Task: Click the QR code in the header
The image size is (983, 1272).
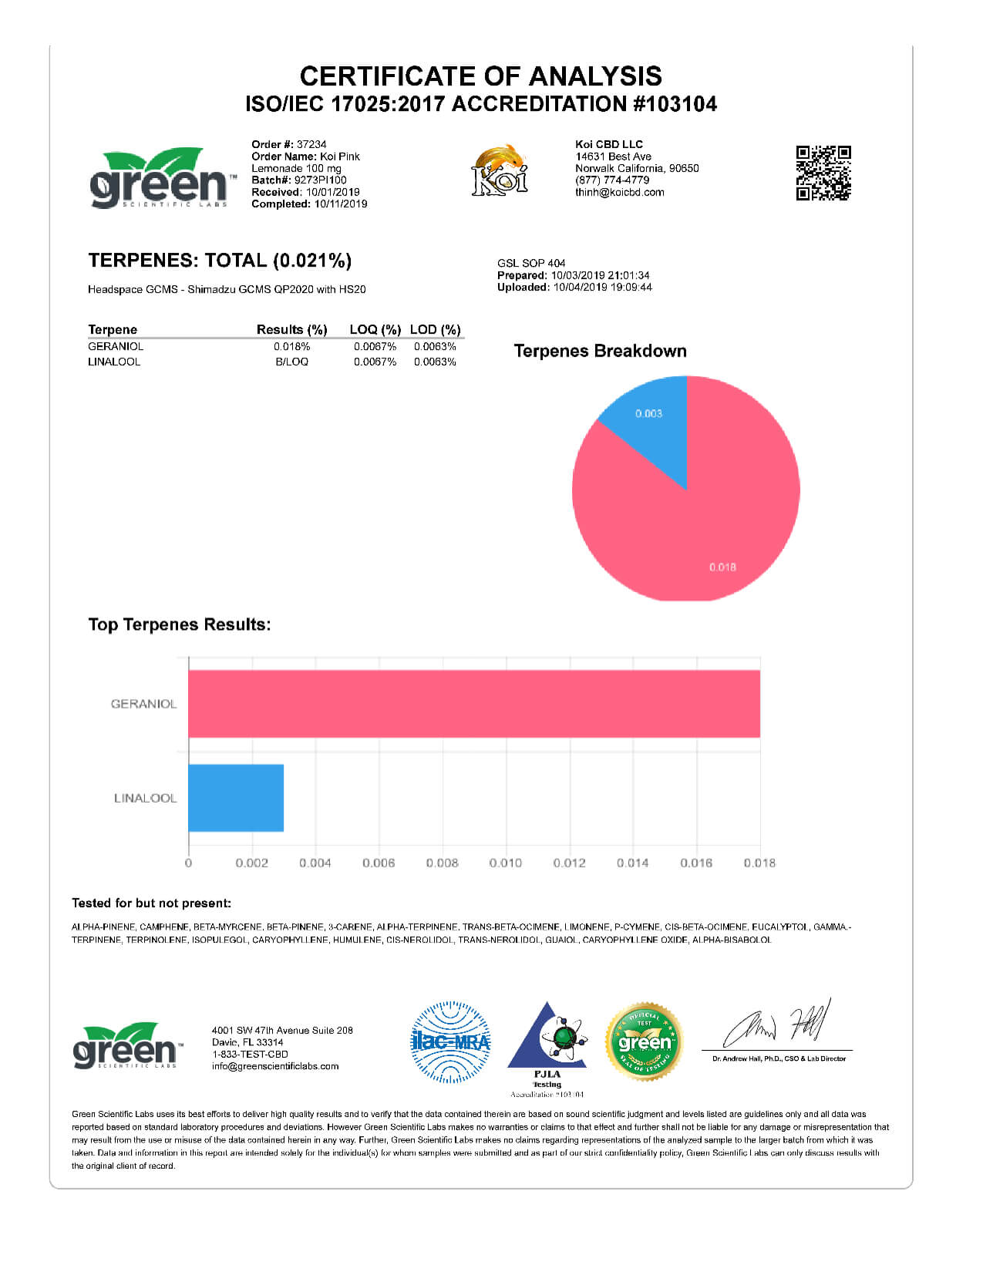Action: tap(823, 173)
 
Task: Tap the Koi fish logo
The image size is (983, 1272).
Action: tap(500, 170)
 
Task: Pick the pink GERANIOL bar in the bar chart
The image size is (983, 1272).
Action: tap(473, 704)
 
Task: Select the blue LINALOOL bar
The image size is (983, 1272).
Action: tap(236, 798)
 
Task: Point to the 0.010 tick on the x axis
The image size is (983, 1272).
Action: tap(505, 863)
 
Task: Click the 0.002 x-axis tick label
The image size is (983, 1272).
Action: tap(252, 863)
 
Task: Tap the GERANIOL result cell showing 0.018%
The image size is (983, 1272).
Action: tap(291, 347)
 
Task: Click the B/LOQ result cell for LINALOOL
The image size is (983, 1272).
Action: tap(291, 362)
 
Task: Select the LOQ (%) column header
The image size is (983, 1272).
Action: tap(375, 330)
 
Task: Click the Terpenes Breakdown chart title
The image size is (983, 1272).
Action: tap(600, 352)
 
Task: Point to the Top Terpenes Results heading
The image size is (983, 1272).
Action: tap(180, 624)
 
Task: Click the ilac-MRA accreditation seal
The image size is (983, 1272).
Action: tap(450, 1042)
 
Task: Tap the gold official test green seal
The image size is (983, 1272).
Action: tap(644, 1042)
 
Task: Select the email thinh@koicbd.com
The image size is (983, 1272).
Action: tap(619, 192)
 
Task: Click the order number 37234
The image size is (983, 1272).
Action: tap(311, 144)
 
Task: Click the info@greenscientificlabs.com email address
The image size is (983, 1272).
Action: tap(275, 1066)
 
